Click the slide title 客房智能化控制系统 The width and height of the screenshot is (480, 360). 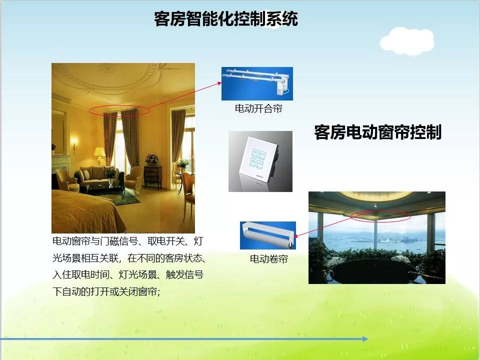point(226,19)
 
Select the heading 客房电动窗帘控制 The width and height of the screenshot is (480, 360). point(377,132)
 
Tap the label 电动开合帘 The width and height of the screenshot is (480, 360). point(258,108)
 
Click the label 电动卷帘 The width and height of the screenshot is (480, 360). point(268,259)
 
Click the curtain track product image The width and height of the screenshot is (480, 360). point(257,83)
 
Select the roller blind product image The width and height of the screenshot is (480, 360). point(267,235)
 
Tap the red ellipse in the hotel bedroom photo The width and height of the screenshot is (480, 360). point(119,110)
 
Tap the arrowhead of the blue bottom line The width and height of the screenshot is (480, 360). point(365,339)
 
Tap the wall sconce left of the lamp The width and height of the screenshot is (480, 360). point(74,145)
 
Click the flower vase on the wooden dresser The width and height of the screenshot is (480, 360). point(152,160)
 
